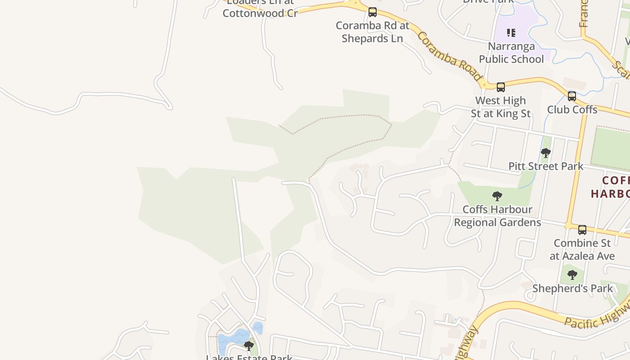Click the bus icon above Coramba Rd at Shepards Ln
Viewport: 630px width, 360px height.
[x=373, y=12]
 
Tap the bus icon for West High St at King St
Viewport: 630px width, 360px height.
[x=501, y=87]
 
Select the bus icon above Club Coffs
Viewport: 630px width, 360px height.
[x=572, y=96]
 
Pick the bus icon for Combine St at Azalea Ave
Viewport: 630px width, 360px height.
[x=582, y=230]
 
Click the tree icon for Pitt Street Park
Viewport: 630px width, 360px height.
[x=546, y=153]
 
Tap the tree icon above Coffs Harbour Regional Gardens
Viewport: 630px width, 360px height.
[x=497, y=196]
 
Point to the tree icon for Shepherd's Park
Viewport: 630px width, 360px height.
[x=572, y=274]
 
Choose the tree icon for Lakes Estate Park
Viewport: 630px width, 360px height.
[x=249, y=346]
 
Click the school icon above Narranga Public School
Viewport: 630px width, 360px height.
[x=511, y=32]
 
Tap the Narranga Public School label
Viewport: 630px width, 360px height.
[x=511, y=53]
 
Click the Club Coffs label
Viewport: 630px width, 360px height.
[x=572, y=109]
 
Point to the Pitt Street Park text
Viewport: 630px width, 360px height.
[x=546, y=166]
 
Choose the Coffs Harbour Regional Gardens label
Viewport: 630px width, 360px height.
[x=497, y=216]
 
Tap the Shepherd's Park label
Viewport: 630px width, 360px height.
[x=572, y=288]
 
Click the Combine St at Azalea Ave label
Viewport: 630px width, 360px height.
[x=582, y=249]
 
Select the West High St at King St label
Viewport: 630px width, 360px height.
[x=501, y=107]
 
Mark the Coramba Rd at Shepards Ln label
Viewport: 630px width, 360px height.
[x=373, y=32]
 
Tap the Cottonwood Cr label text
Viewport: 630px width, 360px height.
[x=260, y=13]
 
